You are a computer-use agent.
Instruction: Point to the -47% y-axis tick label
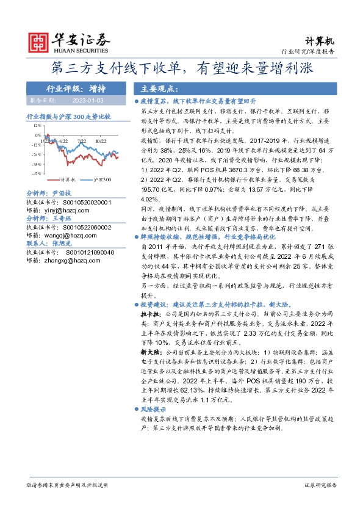(37, 173)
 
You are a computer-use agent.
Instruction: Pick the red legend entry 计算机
(67, 179)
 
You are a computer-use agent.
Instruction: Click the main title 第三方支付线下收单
(181, 68)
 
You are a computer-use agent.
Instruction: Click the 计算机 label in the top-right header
(324, 41)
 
